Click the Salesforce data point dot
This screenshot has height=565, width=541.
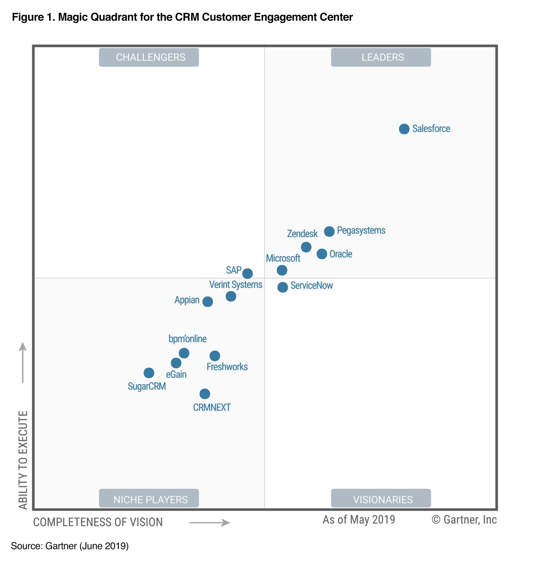click(404, 129)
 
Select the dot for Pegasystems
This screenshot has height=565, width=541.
click(329, 231)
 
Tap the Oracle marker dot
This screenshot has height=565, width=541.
click(322, 254)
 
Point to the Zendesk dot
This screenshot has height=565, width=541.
click(306, 247)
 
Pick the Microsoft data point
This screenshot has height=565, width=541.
click(282, 270)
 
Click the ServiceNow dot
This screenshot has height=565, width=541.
click(283, 287)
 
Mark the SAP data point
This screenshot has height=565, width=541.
click(248, 273)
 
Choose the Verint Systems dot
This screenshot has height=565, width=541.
click(231, 296)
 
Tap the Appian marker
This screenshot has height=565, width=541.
click(208, 301)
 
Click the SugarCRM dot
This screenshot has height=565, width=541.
click(149, 373)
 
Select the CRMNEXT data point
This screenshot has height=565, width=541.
click(205, 394)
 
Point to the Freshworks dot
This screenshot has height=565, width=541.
click(215, 356)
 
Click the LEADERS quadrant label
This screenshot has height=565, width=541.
click(381, 58)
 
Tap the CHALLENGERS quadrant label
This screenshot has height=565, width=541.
click(149, 58)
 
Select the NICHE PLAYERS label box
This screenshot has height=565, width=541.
click(149, 499)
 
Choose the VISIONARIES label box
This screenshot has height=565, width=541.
click(381, 499)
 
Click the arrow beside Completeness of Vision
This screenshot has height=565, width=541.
click(210, 523)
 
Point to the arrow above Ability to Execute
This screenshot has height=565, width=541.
click(23, 362)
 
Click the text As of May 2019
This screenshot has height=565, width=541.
click(359, 520)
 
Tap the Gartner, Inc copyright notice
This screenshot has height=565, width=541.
click(464, 520)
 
